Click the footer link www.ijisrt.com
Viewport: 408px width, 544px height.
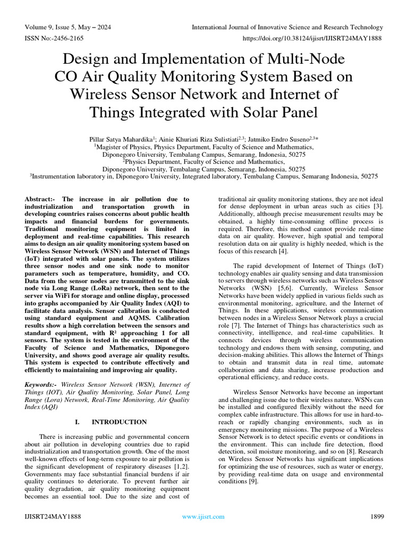tap(203, 516)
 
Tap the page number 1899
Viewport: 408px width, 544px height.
tap(376, 516)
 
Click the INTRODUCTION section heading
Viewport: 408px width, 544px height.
tap(119, 422)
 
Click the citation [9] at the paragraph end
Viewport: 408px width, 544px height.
tap(253, 481)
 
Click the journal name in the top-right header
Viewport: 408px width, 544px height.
tap(287, 27)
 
